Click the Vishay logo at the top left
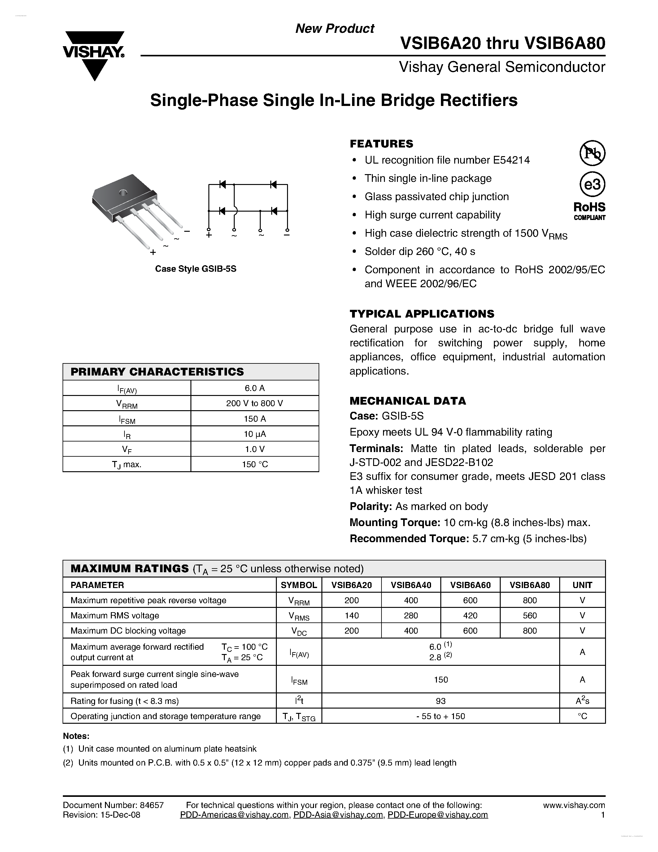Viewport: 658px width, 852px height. [94, 55]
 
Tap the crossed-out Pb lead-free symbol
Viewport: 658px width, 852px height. [592, 153]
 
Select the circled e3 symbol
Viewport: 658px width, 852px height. [592, 184]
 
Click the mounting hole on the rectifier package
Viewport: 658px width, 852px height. [124, 192]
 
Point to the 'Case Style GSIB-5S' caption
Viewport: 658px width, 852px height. [196, 269]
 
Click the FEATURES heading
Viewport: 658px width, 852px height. [381, 144]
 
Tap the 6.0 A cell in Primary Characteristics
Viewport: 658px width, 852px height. [255, 388]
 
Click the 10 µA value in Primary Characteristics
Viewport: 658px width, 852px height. [255, 434]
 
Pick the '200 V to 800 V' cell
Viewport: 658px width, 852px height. [255, 403]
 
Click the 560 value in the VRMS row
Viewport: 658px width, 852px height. [530, 615]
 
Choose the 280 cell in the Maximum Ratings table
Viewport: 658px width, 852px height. [411, 615]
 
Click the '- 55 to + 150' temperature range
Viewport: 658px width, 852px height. [441, 716]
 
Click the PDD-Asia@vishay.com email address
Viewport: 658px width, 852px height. [338, 815]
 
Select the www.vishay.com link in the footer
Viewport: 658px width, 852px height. [574, 805]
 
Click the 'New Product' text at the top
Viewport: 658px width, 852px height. [334, 29]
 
